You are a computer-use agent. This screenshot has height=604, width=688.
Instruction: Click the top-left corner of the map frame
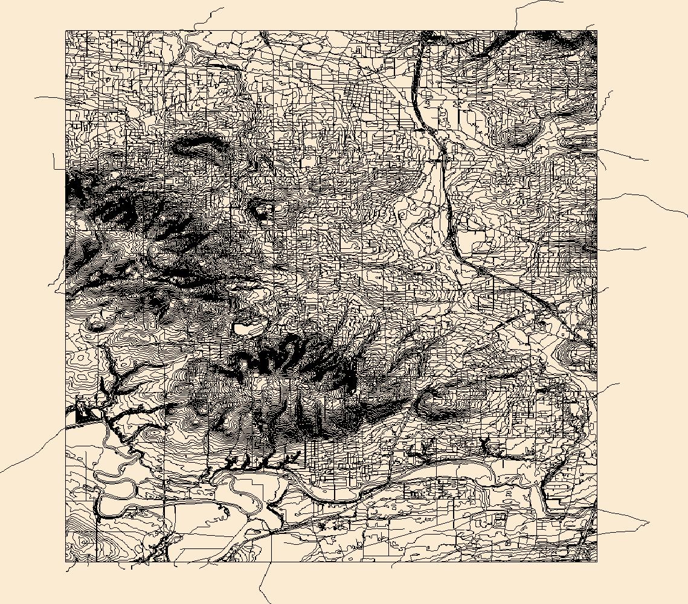[x=66, y=30]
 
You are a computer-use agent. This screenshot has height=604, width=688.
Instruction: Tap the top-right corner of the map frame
[x=597, y=30]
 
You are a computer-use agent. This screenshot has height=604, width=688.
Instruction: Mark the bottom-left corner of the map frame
[x=66, y=562]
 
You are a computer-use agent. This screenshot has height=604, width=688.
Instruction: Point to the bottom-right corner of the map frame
[x=597, y=562]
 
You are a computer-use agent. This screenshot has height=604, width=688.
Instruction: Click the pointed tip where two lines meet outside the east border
[x=649, y=522]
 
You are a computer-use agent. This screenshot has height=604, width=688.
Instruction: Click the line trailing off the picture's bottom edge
[x=266, y=601]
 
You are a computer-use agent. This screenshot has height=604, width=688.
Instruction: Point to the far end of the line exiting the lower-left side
[x=1, y=472]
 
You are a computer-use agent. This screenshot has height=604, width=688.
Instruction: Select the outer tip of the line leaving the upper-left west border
[x=35, y=97]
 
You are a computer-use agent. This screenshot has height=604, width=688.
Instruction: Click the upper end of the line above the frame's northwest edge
[x=223, y=8]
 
